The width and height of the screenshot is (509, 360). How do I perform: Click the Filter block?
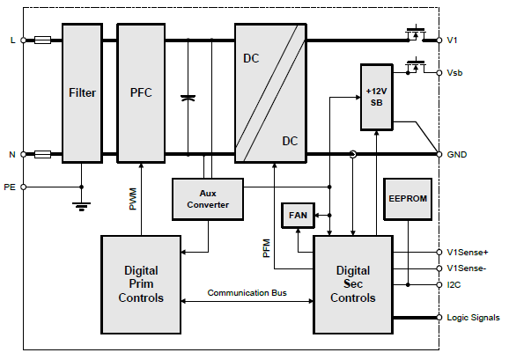(x=82, y=92)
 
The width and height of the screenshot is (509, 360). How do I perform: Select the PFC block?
(x=141, y=92)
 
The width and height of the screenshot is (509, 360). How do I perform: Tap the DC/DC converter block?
(x=270, y=92)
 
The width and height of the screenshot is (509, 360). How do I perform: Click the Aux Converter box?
(x=207, y=199)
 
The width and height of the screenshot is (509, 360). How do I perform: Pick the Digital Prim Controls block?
(x=141, y=283)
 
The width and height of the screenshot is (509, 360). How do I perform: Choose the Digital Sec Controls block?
(x=352, y=284)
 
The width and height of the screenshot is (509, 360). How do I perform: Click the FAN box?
(x=293, y=215)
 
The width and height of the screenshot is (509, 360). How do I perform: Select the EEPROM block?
(x=407, y=199)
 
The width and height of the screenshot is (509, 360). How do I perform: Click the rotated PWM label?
(x=132, y=198)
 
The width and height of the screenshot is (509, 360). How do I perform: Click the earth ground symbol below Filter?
(x=82, y=207)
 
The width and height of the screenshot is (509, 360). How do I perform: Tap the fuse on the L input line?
(x=41, y=40)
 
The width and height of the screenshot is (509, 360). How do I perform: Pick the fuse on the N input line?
(x=41, y=154)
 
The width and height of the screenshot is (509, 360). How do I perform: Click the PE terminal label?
(x=10, y=187)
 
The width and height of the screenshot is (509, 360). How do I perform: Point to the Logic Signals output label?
(x=473, y=318)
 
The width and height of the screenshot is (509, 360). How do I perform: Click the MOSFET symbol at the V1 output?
(x=412, y=33)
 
